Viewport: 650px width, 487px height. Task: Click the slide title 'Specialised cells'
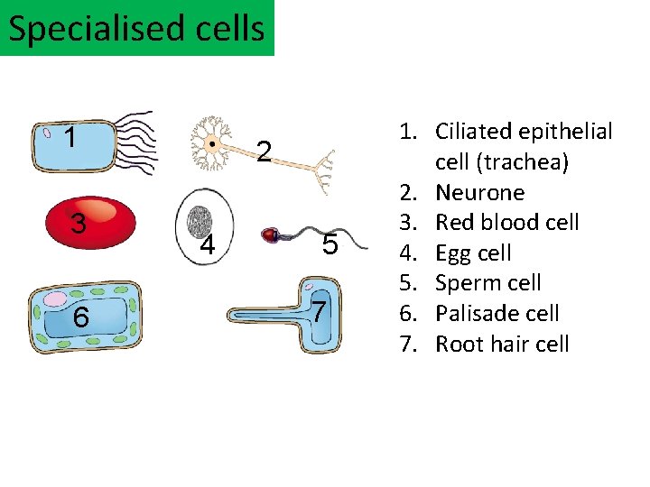pos(136,28)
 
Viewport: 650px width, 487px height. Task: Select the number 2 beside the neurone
pos(263,152)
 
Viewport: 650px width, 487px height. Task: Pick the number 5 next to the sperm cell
pos(330,244)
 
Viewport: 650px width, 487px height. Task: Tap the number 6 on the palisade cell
pos(81,317)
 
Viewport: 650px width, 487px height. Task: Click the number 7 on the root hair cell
pos(318,311)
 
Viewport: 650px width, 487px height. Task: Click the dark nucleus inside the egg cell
pos(200,220)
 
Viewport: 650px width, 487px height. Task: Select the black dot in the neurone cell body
pos(211,144)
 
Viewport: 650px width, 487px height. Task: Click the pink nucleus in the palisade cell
pos(57,299)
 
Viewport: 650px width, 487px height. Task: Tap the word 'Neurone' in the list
pos(479,192)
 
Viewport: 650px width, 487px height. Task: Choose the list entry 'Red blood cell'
pos(506,222)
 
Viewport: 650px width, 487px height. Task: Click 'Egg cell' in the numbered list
pos(473,253)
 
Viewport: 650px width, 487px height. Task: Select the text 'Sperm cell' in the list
pos(487,282)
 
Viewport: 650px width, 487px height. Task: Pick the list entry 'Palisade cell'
pos(497,313)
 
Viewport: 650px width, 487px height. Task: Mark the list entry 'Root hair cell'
pos(502,344)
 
